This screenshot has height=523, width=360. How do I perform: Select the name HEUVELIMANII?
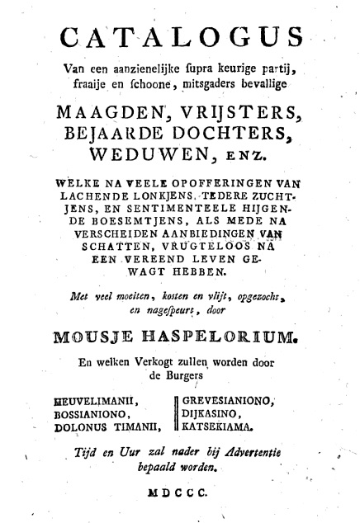point(92,402)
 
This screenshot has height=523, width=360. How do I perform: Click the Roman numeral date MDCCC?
point(181,490)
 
